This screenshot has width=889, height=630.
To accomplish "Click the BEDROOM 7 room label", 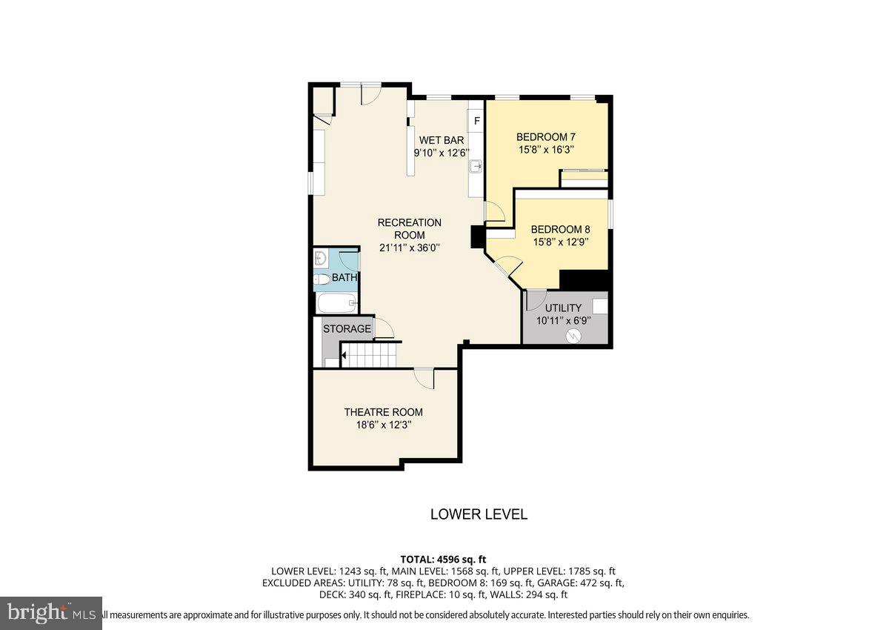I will click(546, 137).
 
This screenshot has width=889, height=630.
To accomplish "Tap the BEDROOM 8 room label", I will click(560, 229).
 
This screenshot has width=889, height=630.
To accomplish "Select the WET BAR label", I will click(442, 140).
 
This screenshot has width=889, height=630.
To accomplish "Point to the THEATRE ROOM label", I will click(383, 412).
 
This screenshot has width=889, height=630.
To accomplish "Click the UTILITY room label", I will click(563, 308).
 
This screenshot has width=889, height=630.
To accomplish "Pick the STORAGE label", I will click(347, 328).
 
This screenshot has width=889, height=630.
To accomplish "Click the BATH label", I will click(344, 278).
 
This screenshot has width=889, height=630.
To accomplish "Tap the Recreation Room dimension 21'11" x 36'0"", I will click(410, 248).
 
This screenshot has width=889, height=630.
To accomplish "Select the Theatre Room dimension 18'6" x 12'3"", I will click(383, 425).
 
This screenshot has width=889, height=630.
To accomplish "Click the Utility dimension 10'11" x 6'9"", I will click(563, 321).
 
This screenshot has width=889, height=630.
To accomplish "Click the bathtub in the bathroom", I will click(337, 302).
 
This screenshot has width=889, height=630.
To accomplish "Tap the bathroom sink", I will click(321, 259).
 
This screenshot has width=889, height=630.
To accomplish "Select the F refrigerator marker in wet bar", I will click(476, 121).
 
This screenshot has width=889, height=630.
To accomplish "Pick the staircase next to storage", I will click(369, 356).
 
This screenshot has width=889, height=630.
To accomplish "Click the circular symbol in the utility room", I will click(572, 336).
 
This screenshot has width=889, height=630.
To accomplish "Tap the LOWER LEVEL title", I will click(479, 514).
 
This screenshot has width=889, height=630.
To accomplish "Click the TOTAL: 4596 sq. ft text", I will click(443, 560).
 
